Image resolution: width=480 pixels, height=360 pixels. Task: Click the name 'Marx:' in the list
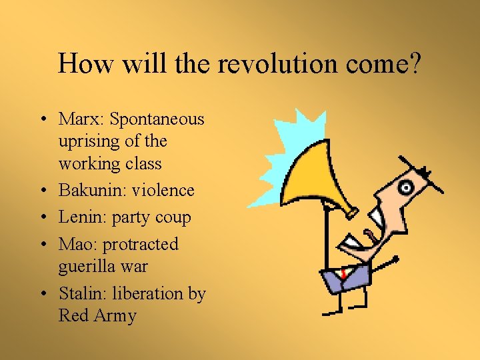pos(82,119)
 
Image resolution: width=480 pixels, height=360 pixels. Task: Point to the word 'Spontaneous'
pos(157,119)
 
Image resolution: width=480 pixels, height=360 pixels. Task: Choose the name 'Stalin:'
pos(83,293)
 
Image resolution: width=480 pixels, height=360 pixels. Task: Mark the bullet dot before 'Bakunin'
pos(43,191)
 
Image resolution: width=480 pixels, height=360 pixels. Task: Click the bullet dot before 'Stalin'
pos(43,294)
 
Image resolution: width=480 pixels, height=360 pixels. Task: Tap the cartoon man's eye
pos(404,189)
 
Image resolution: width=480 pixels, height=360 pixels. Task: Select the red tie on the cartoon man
pos(343,273)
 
